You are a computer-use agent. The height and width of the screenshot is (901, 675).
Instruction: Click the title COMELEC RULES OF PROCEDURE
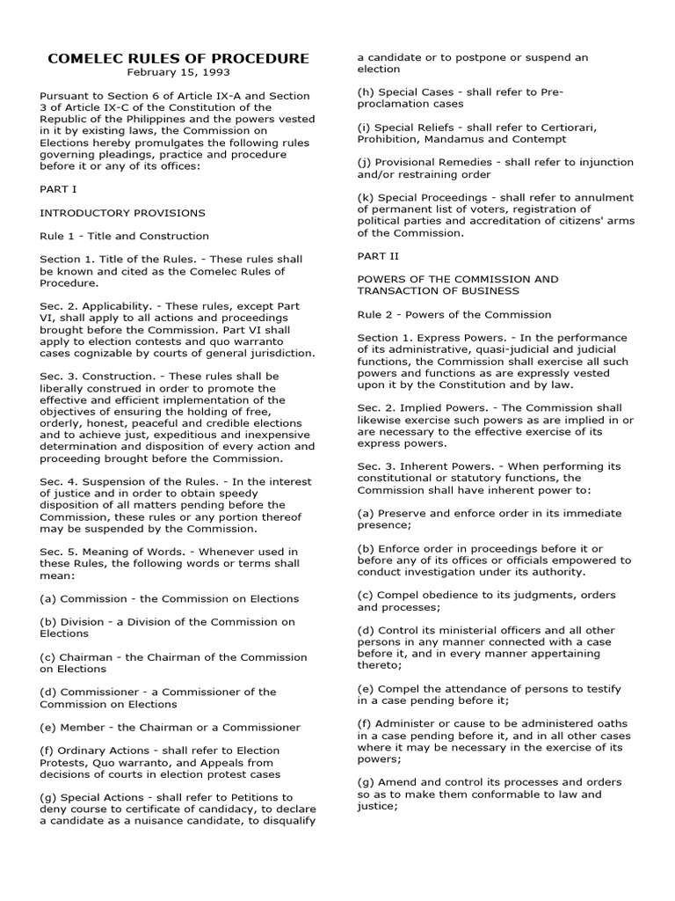click(178, 59)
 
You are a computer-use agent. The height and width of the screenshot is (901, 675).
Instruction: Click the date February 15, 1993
click(178, 72)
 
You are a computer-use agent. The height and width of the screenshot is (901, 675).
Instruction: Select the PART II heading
click(378, 256)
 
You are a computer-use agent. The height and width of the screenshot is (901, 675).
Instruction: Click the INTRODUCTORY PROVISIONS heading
click(122, 213)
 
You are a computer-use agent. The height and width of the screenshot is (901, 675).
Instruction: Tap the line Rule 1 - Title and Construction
click(124, 236)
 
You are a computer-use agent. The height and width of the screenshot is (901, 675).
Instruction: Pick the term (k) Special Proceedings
click(428, 197)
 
